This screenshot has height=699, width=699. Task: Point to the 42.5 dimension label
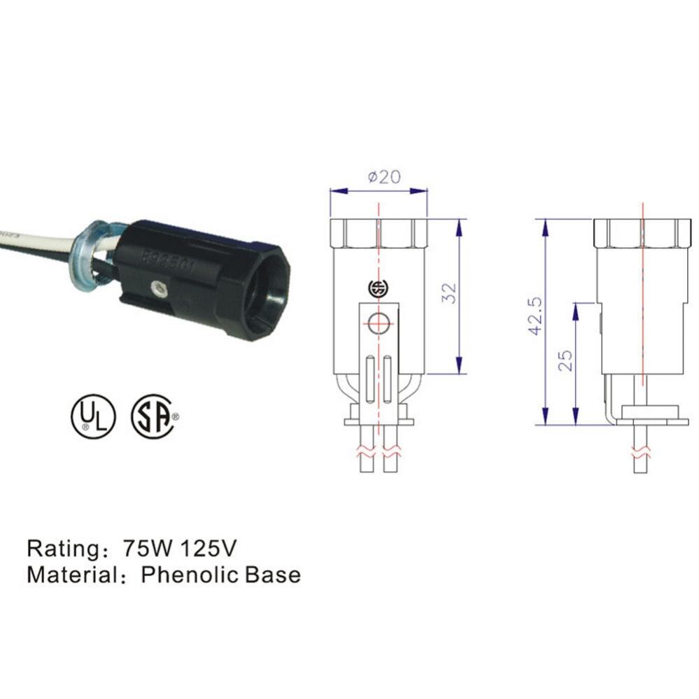(x=536, y=315)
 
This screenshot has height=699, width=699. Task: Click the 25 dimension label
(x=565, y=359)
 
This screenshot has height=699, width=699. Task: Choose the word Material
(x=70, y=574)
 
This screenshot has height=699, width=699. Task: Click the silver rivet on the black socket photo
(x=160, y=287)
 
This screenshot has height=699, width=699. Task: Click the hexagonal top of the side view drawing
(x=641, y=232)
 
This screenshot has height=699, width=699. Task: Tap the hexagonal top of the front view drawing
(x=379, y=232)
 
